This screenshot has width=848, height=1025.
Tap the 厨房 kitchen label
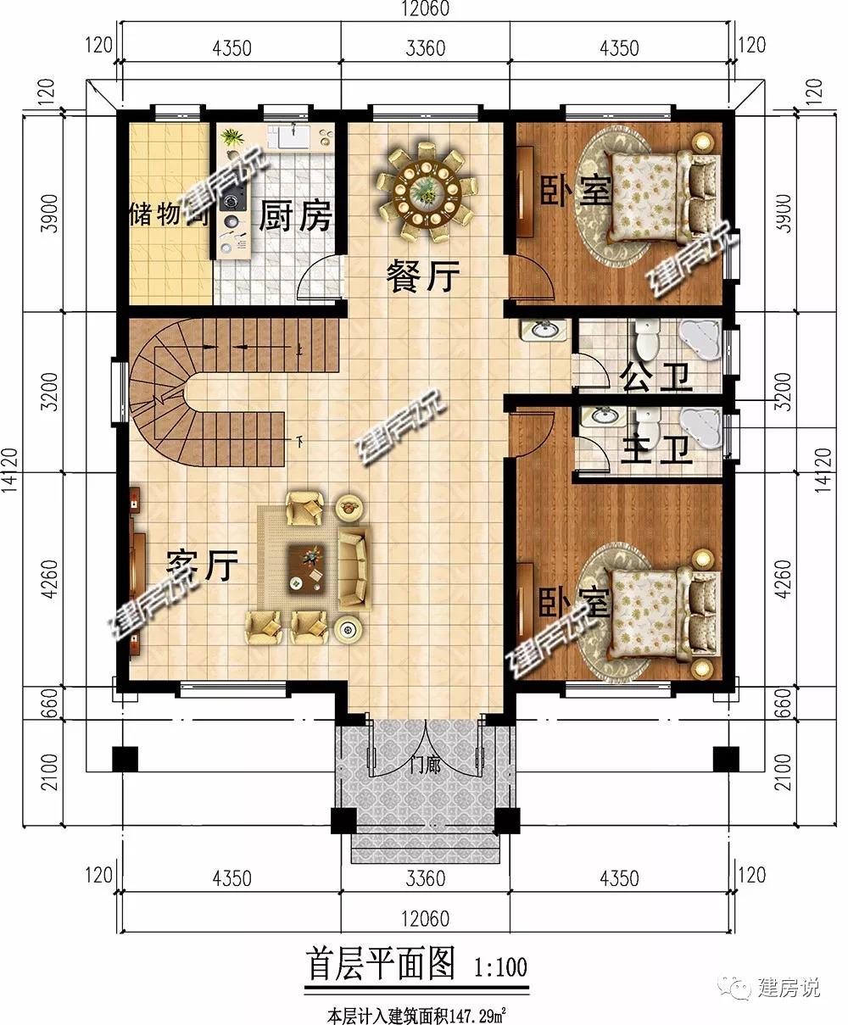click(296, 215)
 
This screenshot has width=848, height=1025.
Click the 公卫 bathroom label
click(656, 377)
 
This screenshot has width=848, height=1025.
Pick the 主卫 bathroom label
click(656, 449)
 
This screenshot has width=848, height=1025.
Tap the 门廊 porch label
click(425, 765)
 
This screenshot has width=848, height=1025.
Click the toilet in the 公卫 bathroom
click(646, 340)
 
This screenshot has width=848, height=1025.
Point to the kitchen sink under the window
click(294, 136)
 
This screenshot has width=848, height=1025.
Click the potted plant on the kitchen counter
click(232, 137)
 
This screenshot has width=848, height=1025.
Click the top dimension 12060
click(425, 8)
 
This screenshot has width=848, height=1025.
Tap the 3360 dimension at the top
click(426, 48)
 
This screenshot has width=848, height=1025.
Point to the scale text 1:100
click(500, 967)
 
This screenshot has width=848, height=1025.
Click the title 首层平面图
click(381, 964)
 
